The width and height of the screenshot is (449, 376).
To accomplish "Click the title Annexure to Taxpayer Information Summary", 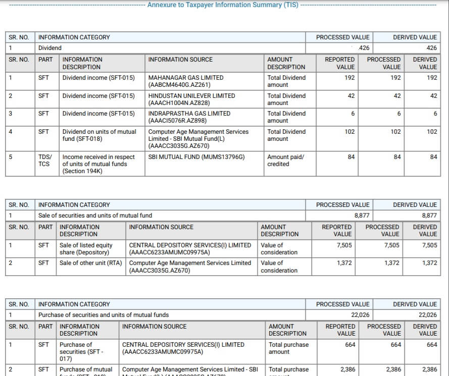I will pos(223,5).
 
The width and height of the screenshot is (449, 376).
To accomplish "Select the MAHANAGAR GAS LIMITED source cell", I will pos(185,81).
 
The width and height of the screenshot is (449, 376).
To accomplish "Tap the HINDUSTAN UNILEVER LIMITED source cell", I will pos(191,99).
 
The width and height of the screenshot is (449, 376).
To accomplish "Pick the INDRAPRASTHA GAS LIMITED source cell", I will pos(189,117).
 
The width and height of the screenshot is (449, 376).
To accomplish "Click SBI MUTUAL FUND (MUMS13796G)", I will pos(196,157).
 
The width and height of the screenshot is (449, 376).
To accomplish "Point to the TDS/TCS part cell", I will pos(44,160).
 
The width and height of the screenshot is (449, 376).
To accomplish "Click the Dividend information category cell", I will pos(50,48).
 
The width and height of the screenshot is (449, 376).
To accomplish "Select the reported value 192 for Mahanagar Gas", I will pos(350,78).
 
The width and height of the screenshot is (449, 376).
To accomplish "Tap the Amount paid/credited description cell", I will pos(285,160).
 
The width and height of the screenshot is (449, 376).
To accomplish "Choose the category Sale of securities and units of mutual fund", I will pos(95,216).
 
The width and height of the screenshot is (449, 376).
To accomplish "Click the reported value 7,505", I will pos(344,245).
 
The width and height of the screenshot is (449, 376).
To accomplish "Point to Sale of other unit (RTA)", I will pos(91,263).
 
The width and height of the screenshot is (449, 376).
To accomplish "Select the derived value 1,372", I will pos(430,263).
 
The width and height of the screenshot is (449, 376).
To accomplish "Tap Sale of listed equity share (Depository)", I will pos(86,249).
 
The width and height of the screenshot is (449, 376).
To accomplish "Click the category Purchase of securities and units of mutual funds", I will pos(104,315).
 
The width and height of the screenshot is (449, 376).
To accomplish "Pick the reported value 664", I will pos(350,345).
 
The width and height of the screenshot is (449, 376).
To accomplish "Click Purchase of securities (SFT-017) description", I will pos(81,352).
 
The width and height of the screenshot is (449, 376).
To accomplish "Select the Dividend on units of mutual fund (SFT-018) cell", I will pos(99,135).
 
